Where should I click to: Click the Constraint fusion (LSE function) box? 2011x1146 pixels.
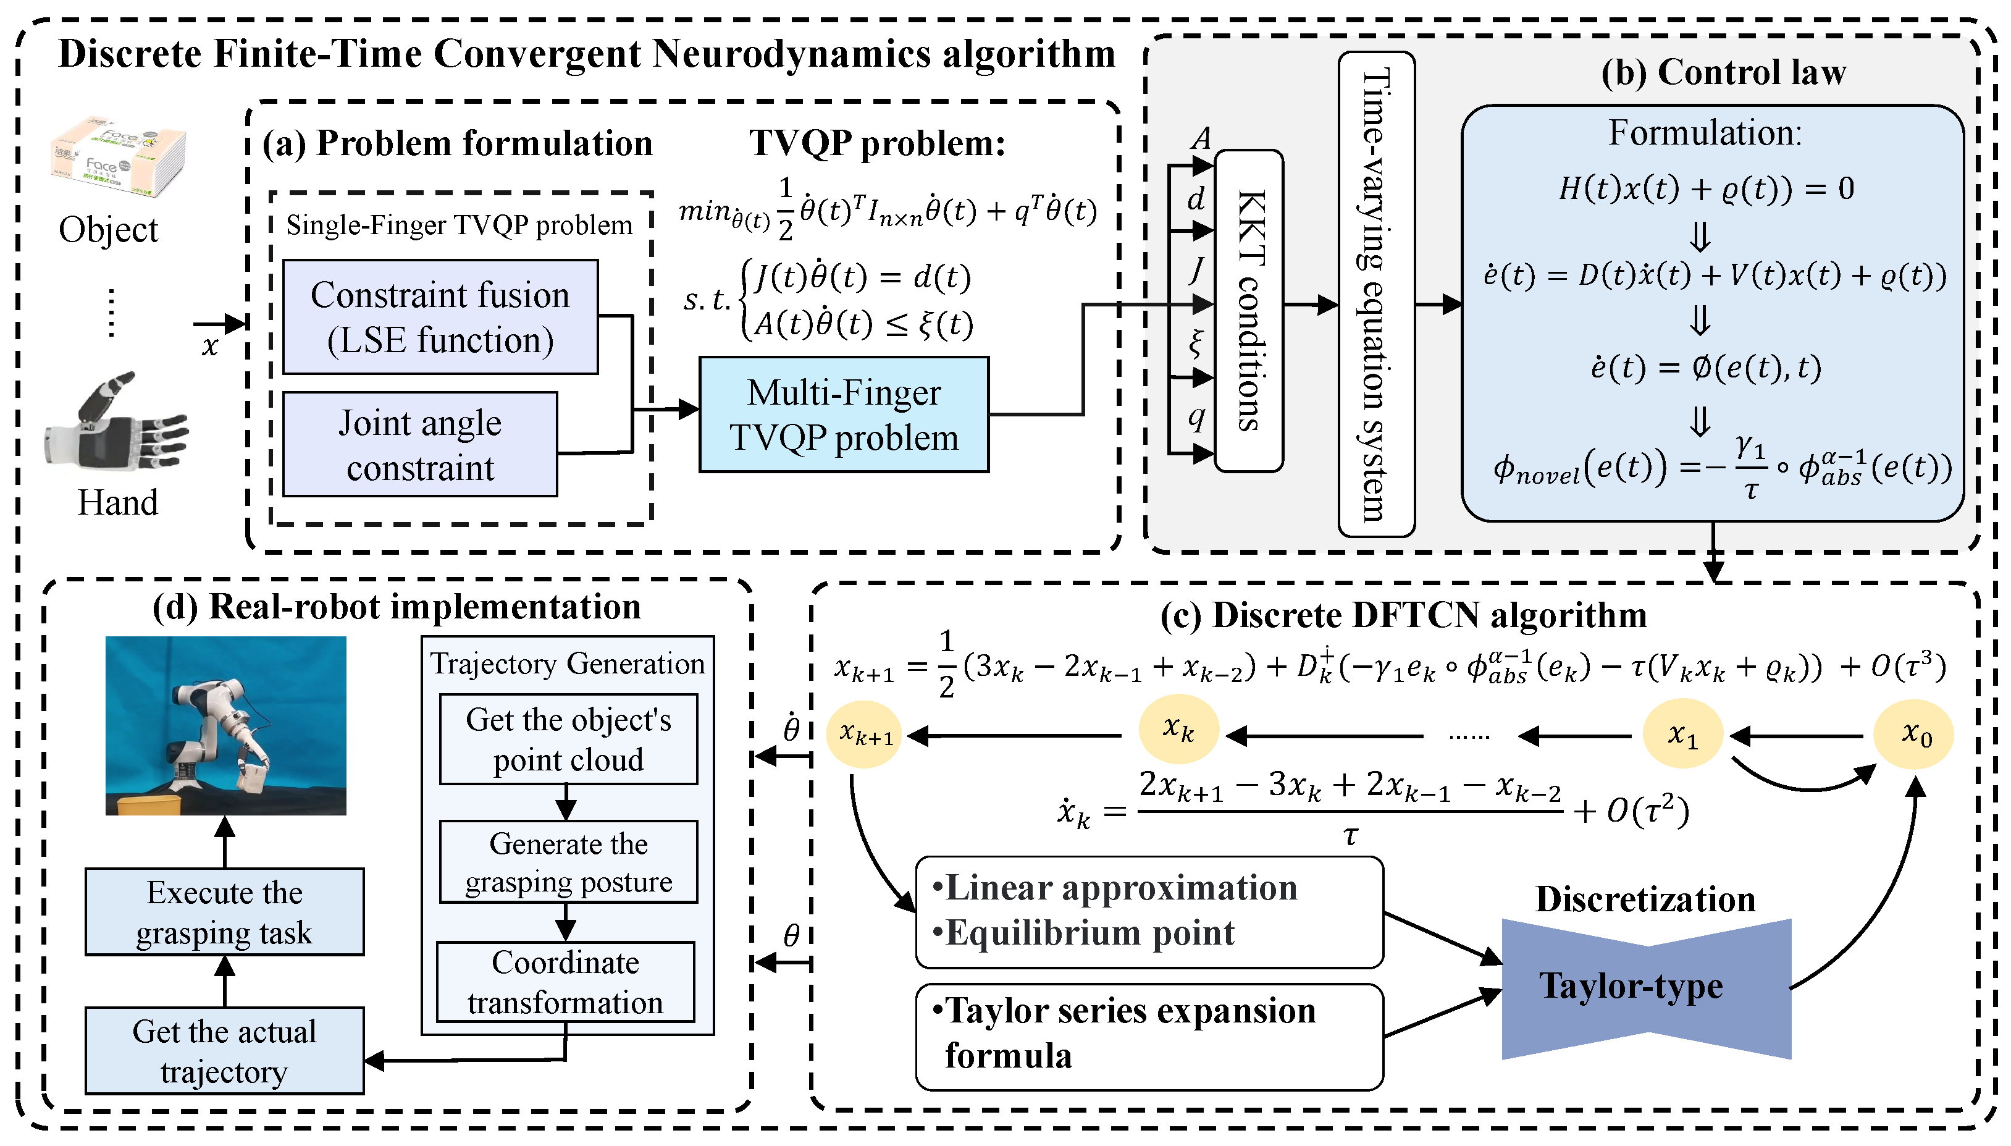point(440,317)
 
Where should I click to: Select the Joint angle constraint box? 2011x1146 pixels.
point(420,445)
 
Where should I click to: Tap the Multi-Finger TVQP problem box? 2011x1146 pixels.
point(844,415)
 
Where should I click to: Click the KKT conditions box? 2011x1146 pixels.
point(1249,311)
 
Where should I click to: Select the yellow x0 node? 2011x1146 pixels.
point(1914,735)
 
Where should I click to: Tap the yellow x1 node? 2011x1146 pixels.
point(1683,735)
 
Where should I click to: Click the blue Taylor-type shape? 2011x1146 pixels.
point(1646,988)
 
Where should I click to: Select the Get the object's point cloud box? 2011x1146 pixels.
point(568,739)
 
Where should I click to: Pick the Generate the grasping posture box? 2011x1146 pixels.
point(568,862)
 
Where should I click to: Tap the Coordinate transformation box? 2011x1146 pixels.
point(566,982)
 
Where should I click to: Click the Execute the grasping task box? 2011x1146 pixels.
point(224,912)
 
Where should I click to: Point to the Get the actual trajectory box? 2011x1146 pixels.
point(224,1051)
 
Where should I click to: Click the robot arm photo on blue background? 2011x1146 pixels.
point(226,725)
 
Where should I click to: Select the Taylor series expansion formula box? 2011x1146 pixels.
point(1149,1036)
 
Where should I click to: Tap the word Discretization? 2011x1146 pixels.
point(1645,899)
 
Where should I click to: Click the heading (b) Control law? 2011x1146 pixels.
point(1723,72)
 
